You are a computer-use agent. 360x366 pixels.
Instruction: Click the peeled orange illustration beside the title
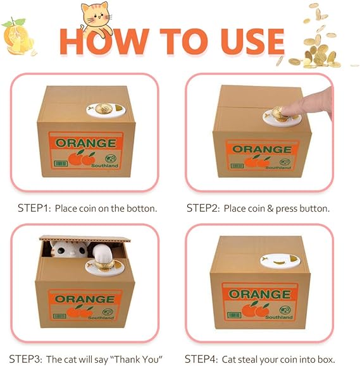click(x=18, y=37)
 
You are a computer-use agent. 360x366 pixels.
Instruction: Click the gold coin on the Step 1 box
click(x=104, y=108)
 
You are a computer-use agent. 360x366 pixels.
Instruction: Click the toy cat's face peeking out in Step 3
click(x=70, y=249)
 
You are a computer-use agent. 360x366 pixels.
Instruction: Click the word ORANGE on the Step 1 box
click(x=85, y=143)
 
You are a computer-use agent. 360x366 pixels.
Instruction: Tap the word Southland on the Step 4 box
click(x=279, y=317)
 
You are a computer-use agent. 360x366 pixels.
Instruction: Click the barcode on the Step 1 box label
click(x=61, y=163)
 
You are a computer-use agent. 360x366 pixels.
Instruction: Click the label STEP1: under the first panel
click(x=34, y=208)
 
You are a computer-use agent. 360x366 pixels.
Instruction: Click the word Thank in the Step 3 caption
click(x=127, y=360)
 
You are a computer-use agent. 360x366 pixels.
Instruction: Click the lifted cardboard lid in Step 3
click(x=85, y=239)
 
